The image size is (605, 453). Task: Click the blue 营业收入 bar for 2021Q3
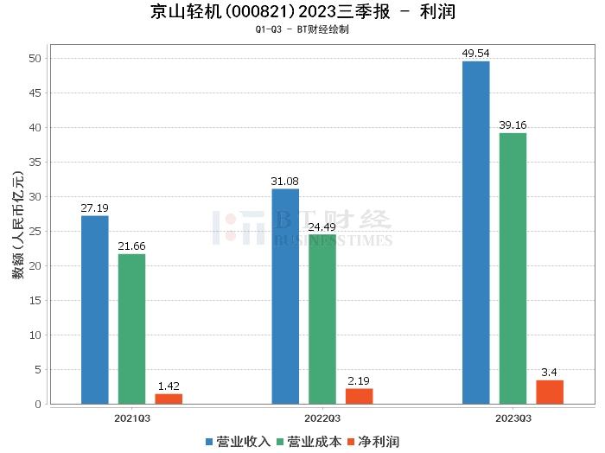tap(95, 309)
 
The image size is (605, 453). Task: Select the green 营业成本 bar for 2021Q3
tap(131, 329)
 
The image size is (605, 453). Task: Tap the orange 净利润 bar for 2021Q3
tap(169, 399)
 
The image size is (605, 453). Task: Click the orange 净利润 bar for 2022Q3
tap(359, 396)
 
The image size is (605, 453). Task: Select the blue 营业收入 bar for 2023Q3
tap(475, 232)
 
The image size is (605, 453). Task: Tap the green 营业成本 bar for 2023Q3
tap(513, 268)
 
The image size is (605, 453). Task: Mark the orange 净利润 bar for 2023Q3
tap(550, 392)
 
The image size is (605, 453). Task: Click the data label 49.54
tap(475, 54)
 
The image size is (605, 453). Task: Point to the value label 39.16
tap(513, 125)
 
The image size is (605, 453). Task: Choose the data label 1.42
tap(169, 386)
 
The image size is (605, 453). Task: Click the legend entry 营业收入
tap(238, 441)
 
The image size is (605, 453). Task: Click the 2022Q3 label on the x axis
tap(322, 418)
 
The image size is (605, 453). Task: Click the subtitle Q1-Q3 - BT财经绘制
tap(302, 29)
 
